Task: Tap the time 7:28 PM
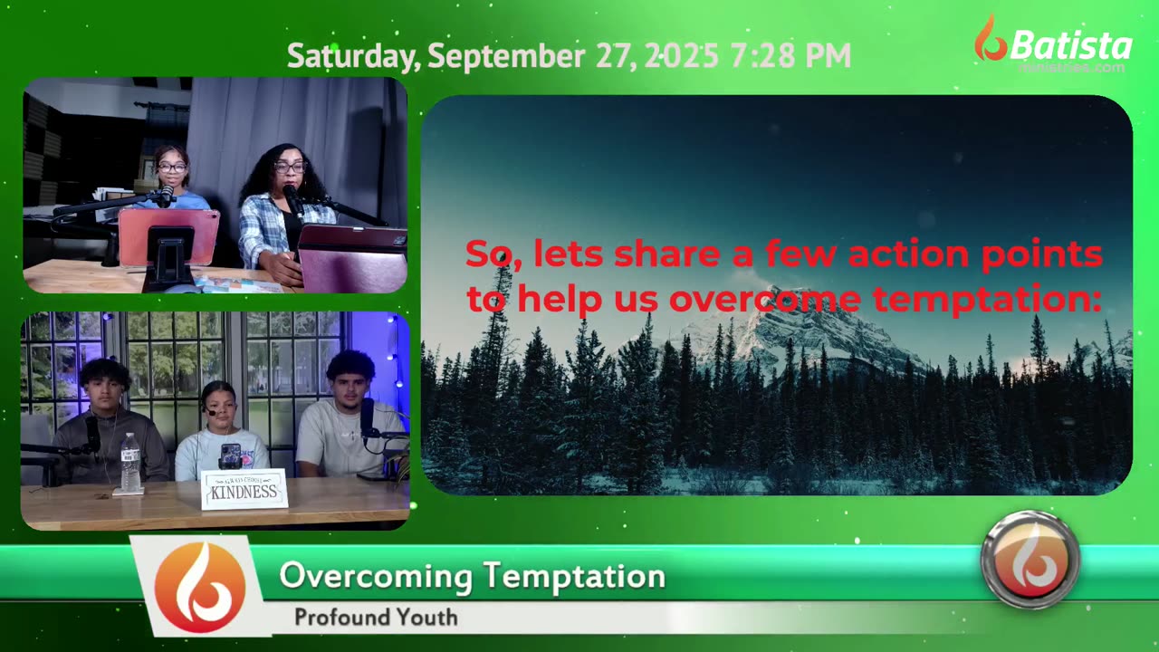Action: tap(790, 56)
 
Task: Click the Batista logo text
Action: tap(1070, 45)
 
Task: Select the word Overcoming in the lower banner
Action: tap(376, 576)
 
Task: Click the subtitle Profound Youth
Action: tap(376, 618)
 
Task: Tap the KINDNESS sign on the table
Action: tap(244, 490)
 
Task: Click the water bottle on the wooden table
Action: tap(130, 463)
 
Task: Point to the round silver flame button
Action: tap(1030, 560)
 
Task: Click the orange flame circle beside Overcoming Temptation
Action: tap(199, 587)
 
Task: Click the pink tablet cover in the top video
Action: tap(168, 235)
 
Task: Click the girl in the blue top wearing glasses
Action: tap(172, 177)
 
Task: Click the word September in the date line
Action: tap(505, 56)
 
